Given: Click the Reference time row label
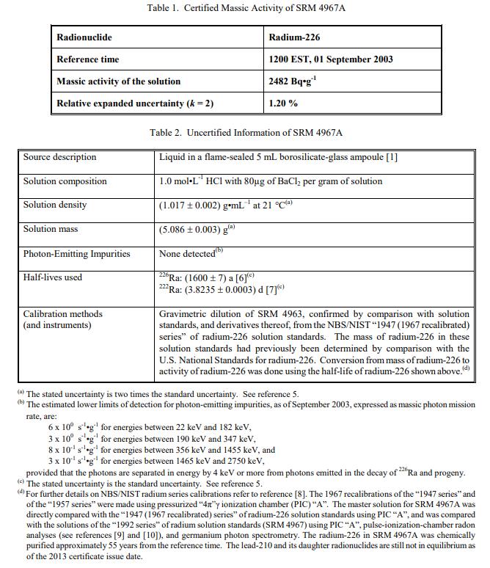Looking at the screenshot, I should [87, 59].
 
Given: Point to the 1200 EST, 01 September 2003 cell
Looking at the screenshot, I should [330, 59].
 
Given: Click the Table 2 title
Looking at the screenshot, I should [246, 133].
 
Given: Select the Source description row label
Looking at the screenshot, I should [59, 157].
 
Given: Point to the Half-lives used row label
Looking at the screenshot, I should [53, 277].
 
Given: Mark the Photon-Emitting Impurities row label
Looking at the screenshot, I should [76, 254].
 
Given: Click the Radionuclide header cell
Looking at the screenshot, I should [84, 37].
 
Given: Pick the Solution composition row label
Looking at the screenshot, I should [65, 181].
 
